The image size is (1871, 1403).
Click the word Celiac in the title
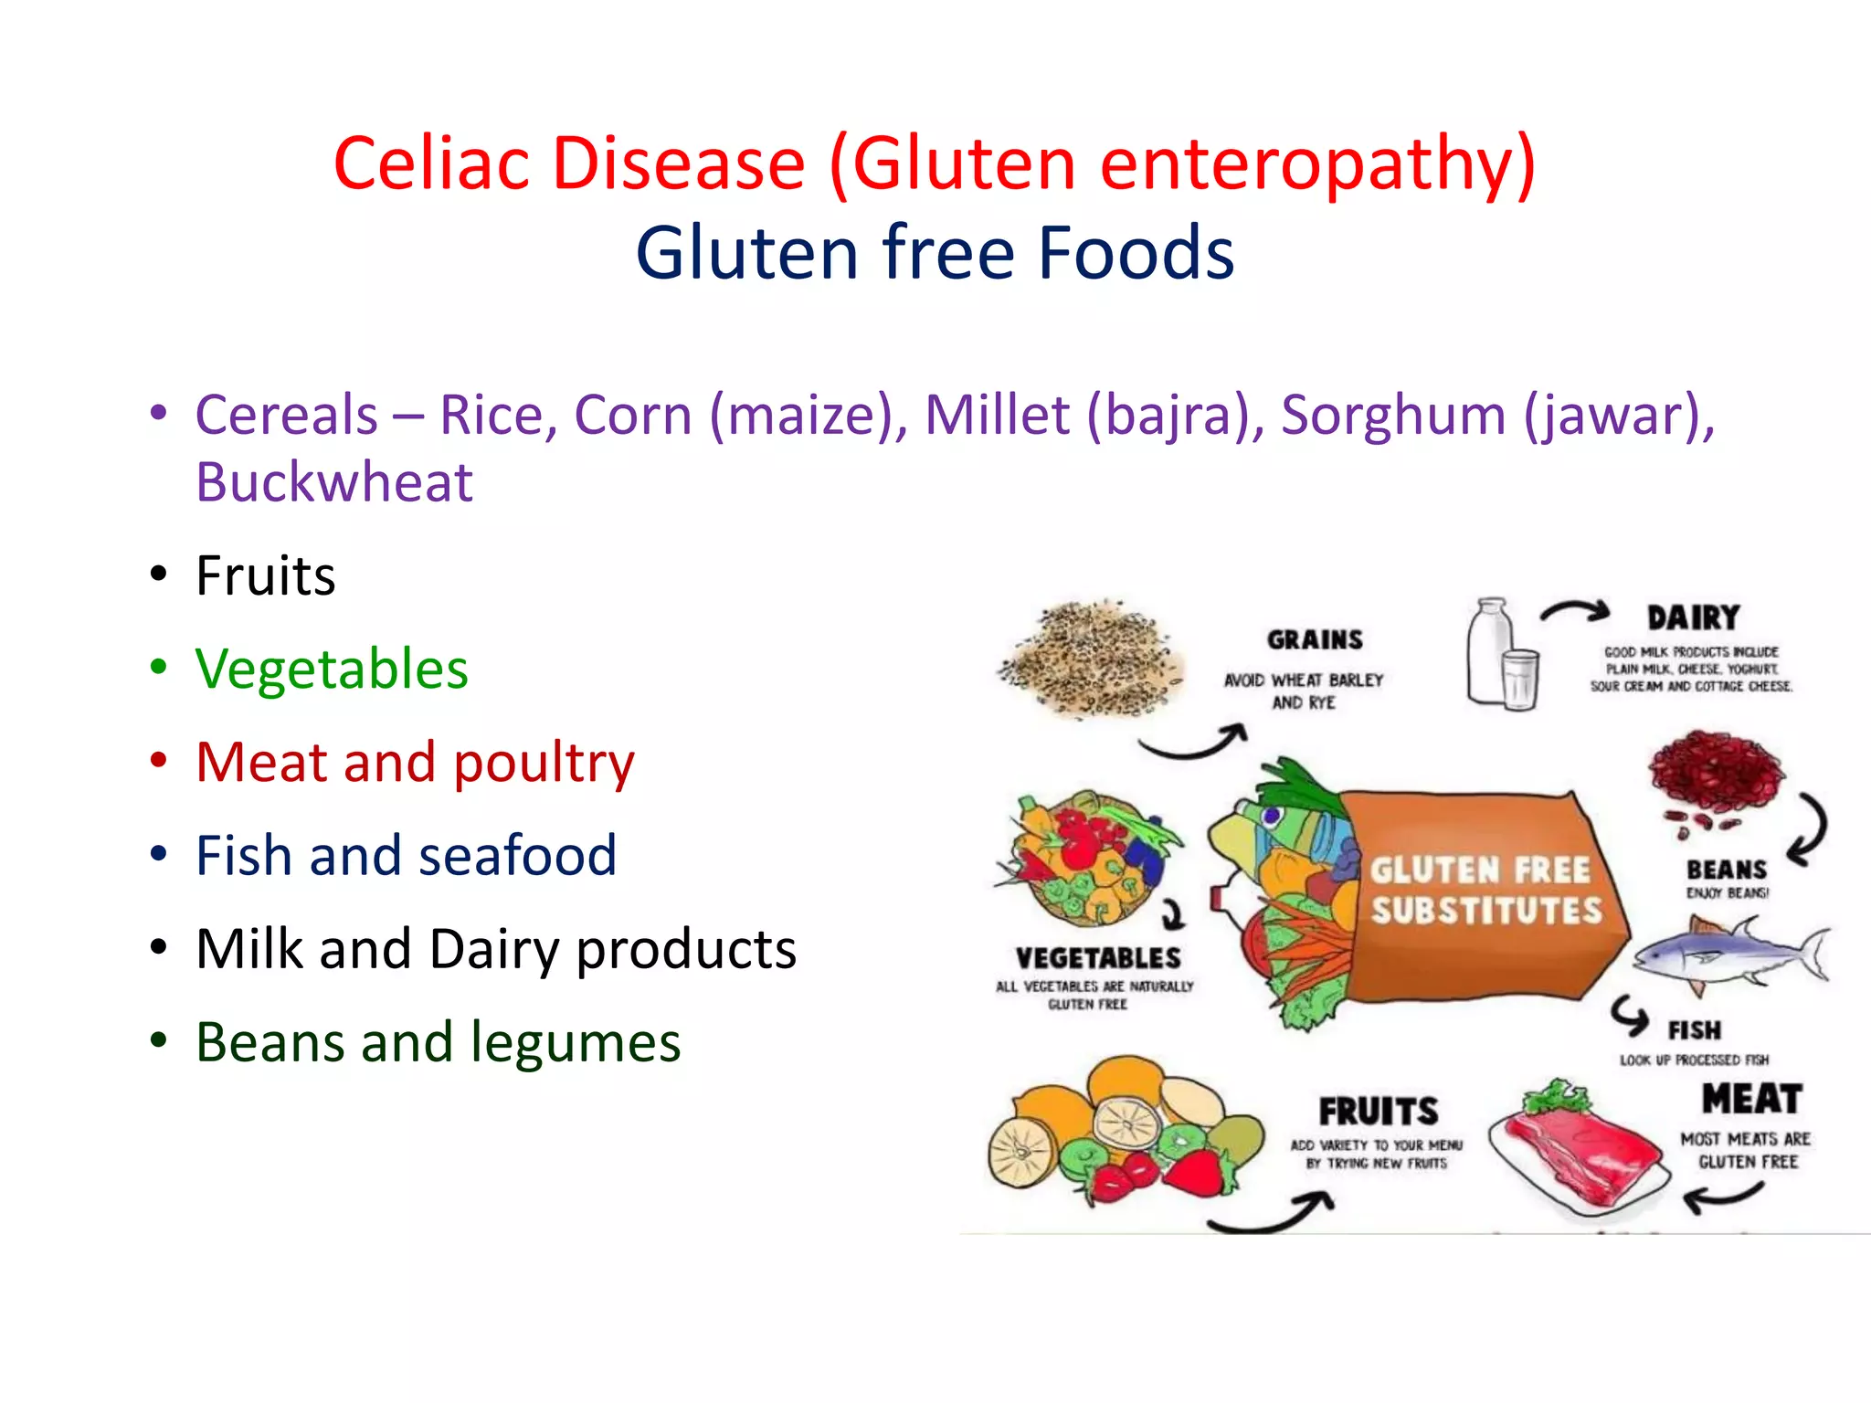431,164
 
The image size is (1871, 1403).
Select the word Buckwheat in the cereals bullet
334,482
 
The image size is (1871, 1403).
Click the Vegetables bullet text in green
332,669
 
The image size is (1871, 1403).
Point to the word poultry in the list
544,764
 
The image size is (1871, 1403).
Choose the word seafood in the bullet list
517,856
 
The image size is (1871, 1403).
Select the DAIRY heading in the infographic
1693,618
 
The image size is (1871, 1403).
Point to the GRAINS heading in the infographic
1315,640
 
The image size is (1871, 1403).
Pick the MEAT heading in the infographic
1751,1099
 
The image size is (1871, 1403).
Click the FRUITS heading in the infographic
1378,1113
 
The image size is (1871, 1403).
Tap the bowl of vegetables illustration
1087,859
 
